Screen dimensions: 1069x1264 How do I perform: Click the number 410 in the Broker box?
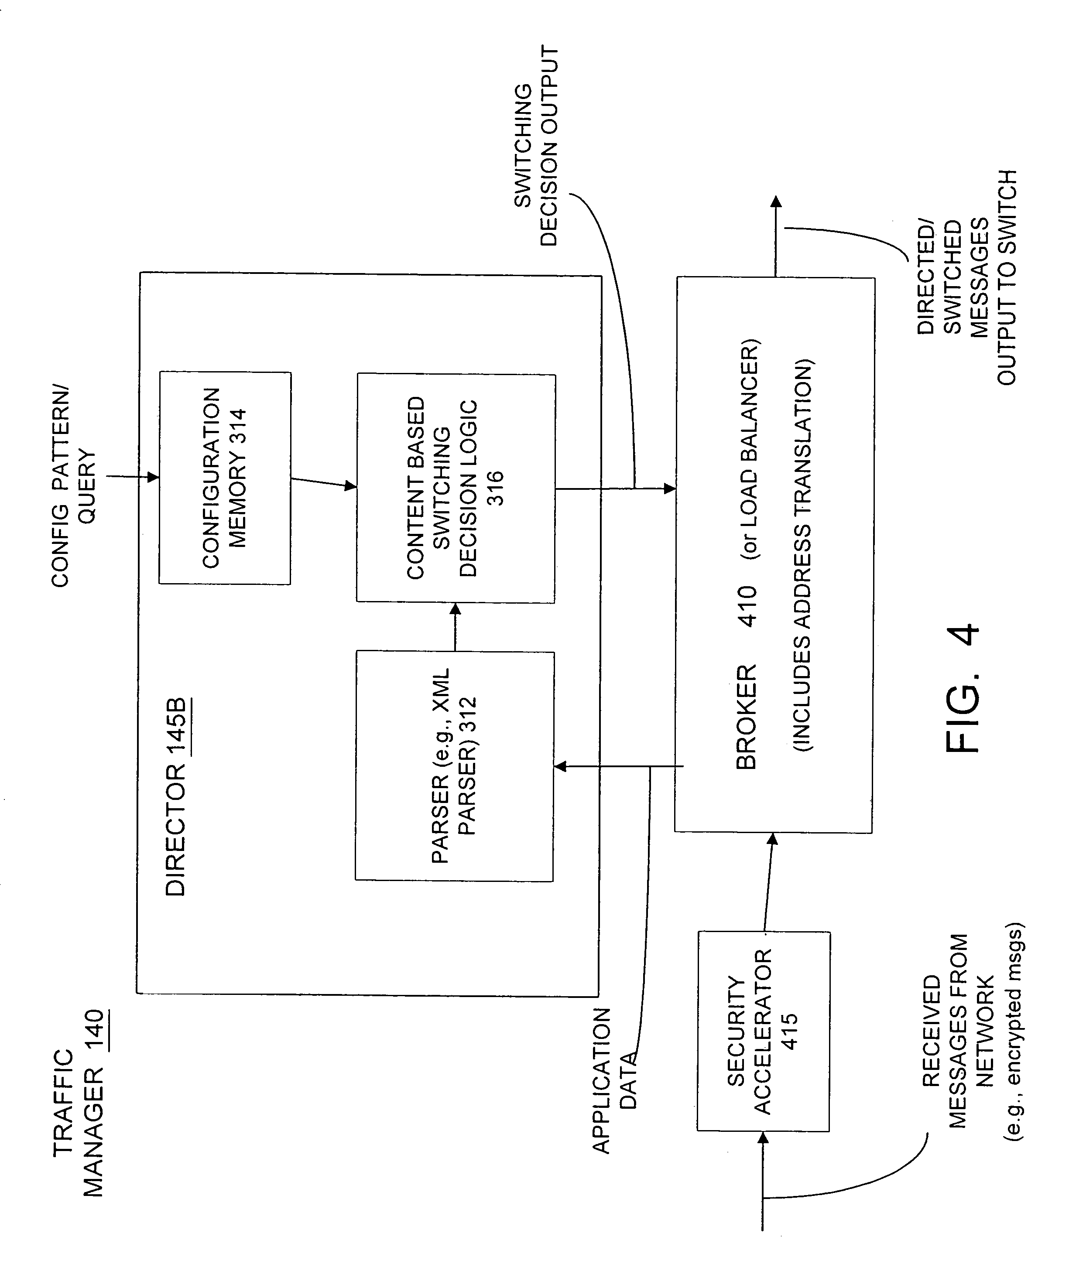pyautogui.click(x=747, y=605)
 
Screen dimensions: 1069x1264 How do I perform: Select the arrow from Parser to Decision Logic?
pyautogui.click(x=455, y=627)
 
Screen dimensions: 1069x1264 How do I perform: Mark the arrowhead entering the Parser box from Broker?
pyautogui.click(x=561, y=767)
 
